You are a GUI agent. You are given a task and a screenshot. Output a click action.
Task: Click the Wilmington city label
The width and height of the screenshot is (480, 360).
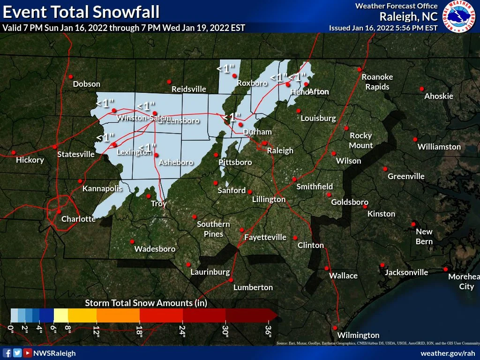[x=358, y=335]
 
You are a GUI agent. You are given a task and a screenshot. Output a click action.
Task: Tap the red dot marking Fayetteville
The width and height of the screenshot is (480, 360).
[x=242, y=230]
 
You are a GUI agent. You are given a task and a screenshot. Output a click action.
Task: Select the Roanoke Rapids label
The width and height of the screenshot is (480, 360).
[x=377, y=82]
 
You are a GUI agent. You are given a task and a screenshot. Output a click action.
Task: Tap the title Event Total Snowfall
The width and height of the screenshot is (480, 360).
[x=81, y=11]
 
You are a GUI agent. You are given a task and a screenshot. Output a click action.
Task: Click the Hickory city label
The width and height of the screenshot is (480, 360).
[x=30, y=160]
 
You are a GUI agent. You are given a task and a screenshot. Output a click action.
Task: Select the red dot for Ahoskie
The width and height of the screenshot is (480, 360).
[x=422, y=89]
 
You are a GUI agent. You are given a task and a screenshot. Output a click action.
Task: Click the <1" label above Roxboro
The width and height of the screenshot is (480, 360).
[x=225, y=68]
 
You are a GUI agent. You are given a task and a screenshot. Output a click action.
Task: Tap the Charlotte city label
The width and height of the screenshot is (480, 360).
[x=79, y=219]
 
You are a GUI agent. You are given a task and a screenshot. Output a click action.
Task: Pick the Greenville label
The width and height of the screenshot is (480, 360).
[x=406, y=176]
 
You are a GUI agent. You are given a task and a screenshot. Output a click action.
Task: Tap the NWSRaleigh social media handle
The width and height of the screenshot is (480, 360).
[x=54, y=353]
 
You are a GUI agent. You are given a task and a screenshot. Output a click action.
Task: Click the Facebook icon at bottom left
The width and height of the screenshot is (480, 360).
[x=7, y=353]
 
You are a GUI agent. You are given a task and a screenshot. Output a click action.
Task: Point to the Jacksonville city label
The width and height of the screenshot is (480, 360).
[x=406, y=272]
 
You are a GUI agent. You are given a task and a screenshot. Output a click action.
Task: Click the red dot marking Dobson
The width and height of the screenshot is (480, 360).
[x=71, y=76]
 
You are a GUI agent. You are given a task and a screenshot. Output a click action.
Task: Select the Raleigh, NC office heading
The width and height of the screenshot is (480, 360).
[x=408, y=17]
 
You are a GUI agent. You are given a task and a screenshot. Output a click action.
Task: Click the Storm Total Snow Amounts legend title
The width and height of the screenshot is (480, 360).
[x=146, y=303]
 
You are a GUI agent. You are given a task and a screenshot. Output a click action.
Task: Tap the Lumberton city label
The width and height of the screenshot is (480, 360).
[x=253, y=287]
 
